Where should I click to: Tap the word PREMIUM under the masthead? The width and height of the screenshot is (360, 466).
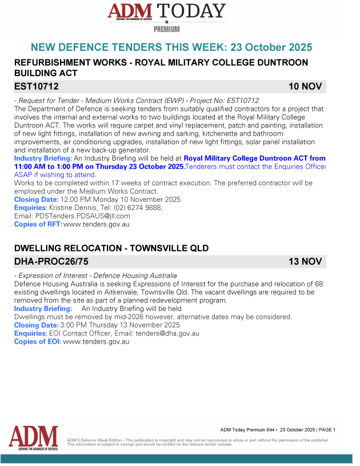click(x=167, y=29)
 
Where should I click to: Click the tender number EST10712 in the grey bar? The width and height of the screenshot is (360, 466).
click(x=36, y=87)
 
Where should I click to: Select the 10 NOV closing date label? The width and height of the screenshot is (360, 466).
click(x=305, y=87)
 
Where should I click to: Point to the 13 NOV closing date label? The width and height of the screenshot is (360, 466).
click(x=305, y=262)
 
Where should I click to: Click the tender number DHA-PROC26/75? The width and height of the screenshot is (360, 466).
click(x=51, y=262)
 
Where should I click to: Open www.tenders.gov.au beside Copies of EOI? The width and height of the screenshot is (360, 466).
click(x=96, y=342)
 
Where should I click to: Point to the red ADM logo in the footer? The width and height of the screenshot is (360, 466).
click(x=33, y=438)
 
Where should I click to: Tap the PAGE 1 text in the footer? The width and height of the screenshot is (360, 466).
click(x=326, y=429)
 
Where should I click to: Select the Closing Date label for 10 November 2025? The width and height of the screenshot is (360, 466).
click(x=36, y=200)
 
